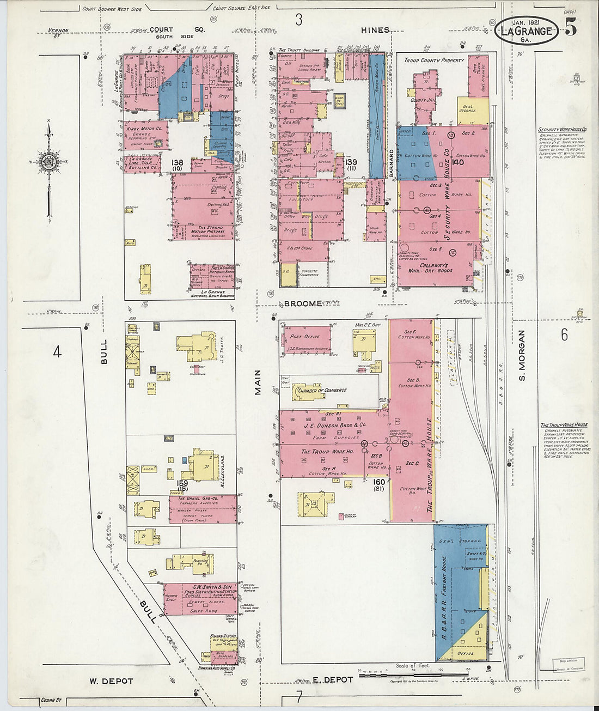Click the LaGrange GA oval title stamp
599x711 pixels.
(x=526, y=31)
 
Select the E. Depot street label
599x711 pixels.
(x=332, y=679)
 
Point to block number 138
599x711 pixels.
(x=177, y=163)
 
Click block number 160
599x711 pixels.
(x=379, y=482)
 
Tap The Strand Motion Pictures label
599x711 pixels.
(x=207, y=231)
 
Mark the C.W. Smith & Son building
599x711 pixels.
(x=199, y=599)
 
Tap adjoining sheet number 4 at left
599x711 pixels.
(x=57, y=352)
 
